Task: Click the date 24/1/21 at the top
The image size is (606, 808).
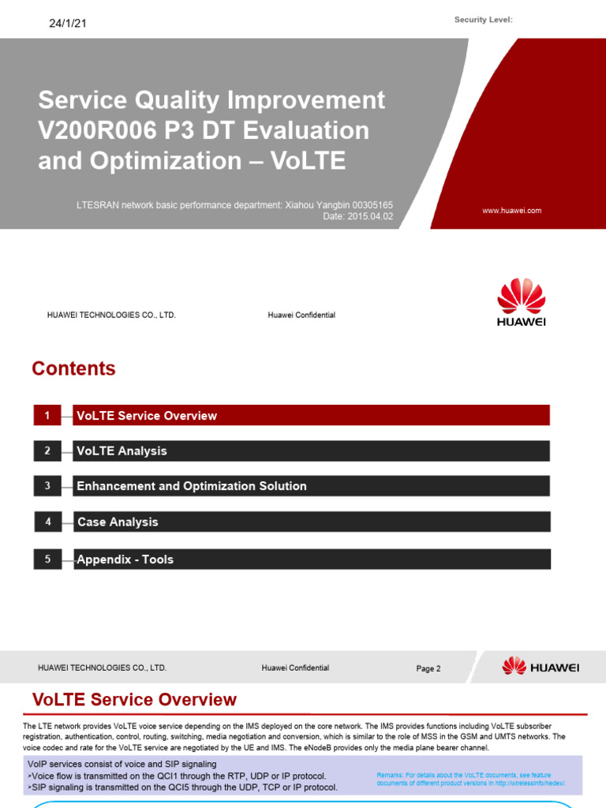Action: coord(68,23)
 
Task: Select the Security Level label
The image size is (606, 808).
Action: coord(483,20)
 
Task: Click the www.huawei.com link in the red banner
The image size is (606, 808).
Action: coord(511,211)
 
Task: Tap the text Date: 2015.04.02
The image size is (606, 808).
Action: coord(358,216)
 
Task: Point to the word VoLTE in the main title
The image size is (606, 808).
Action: coord(308,160)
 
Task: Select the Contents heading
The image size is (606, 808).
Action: coord(73,368)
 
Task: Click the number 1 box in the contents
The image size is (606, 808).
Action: coord(47,415)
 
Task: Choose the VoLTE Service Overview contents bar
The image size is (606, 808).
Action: coord(311,415)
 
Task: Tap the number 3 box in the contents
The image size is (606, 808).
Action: coord(47,486)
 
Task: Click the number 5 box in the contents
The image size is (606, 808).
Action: coord(47,559)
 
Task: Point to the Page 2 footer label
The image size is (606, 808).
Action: coord(428,668)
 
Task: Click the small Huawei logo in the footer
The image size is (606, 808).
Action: coord(541,667)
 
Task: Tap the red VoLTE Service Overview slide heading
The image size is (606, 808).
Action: coord(134,699)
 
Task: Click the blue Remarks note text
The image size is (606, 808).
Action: coord(471,779)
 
